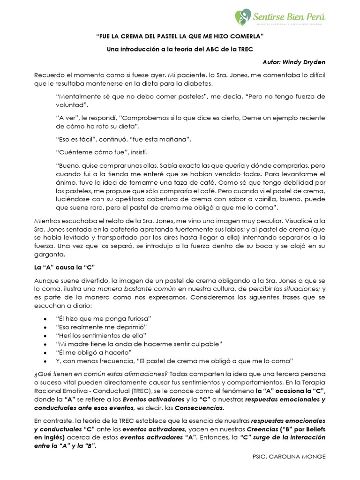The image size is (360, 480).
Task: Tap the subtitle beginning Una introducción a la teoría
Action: click(x=180, y=50)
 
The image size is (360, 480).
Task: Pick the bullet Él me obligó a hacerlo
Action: click(x=93, y=352)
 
